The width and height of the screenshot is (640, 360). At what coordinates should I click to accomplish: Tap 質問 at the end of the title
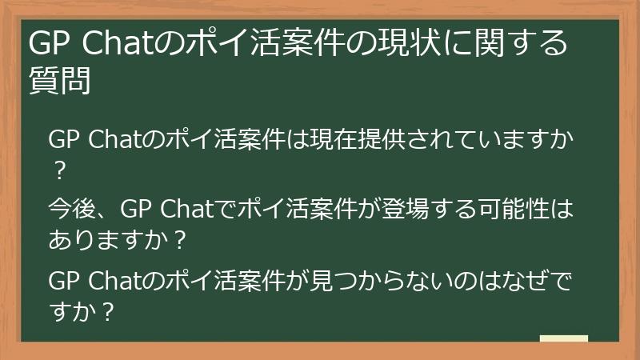click(x=58, y=80)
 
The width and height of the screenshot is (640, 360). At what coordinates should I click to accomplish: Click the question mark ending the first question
click(x=58, y=171)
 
